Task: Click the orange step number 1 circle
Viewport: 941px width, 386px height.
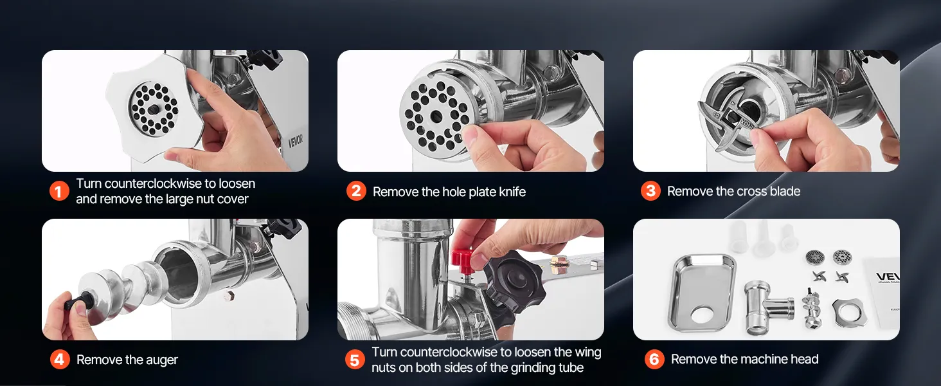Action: [59, 191]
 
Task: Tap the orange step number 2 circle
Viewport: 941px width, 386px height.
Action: [356, 191]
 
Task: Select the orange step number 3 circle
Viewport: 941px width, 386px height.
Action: [650, 191]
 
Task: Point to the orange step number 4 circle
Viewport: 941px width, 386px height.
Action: [60, 360]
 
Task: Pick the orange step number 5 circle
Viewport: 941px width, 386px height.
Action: [355, 360]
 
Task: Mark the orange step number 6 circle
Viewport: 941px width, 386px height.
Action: [654, 359]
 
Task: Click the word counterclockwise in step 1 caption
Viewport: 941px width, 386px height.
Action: [153, 184]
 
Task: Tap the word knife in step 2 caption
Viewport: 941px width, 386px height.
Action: [512, 192]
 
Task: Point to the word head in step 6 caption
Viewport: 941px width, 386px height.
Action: [805, 359]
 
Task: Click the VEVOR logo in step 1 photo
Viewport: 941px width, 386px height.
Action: [295, 142]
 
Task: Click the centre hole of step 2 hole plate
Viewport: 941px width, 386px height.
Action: [436, 115]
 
